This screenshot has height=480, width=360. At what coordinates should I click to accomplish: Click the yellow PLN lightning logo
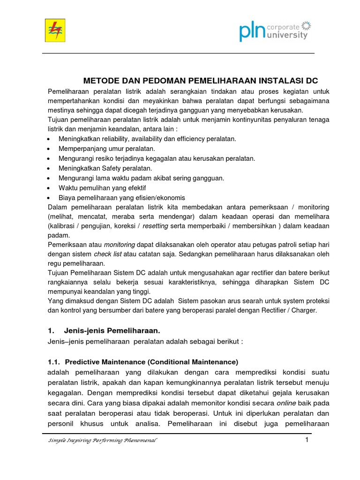point(55,30)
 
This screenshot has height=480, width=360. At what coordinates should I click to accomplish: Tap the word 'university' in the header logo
point(287,35)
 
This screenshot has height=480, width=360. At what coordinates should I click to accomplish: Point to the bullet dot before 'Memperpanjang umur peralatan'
point(50,149)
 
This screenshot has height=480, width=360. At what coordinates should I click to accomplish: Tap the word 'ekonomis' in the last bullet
point(171,197)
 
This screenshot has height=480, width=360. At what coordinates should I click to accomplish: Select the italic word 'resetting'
point(156,226)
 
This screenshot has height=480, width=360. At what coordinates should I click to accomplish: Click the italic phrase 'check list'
point(106,254)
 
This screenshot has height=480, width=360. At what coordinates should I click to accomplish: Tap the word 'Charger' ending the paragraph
point(305,310)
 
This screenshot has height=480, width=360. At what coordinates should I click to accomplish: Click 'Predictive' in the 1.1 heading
point(82,362)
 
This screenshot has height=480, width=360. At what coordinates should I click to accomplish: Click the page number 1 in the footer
point(307,440)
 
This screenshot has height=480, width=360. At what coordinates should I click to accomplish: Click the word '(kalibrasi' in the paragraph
point(62,226)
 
